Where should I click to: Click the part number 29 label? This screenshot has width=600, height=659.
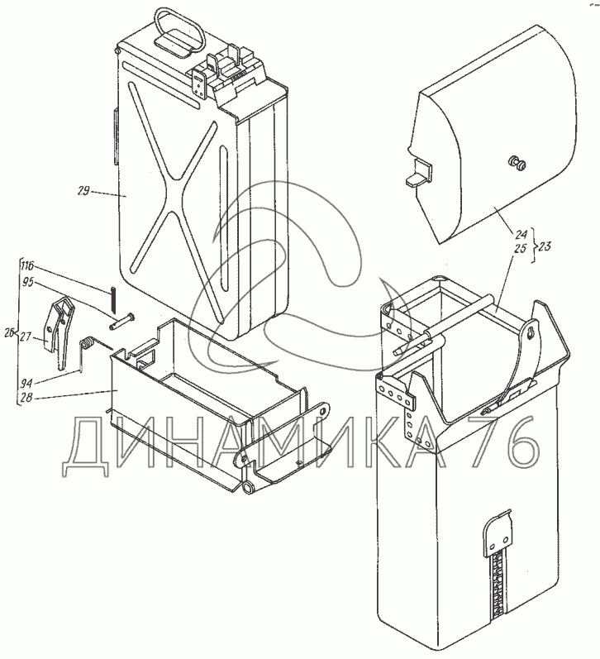click(83, 191)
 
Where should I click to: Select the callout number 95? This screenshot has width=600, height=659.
click(28, 283)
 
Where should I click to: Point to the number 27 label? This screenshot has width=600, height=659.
click(26, 337)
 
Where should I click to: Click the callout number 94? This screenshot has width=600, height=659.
click(26, 383)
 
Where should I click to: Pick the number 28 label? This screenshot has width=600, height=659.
click(26, 397)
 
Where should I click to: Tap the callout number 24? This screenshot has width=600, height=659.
click(521, 235)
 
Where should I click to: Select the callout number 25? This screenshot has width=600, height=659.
click(520, 248)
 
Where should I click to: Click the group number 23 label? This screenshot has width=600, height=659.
click(544, 246)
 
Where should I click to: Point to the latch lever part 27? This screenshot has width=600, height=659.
click(59, 332)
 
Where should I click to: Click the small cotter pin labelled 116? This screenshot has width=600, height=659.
click(113, 299)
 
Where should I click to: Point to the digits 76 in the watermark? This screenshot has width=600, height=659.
click(505, 442)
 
